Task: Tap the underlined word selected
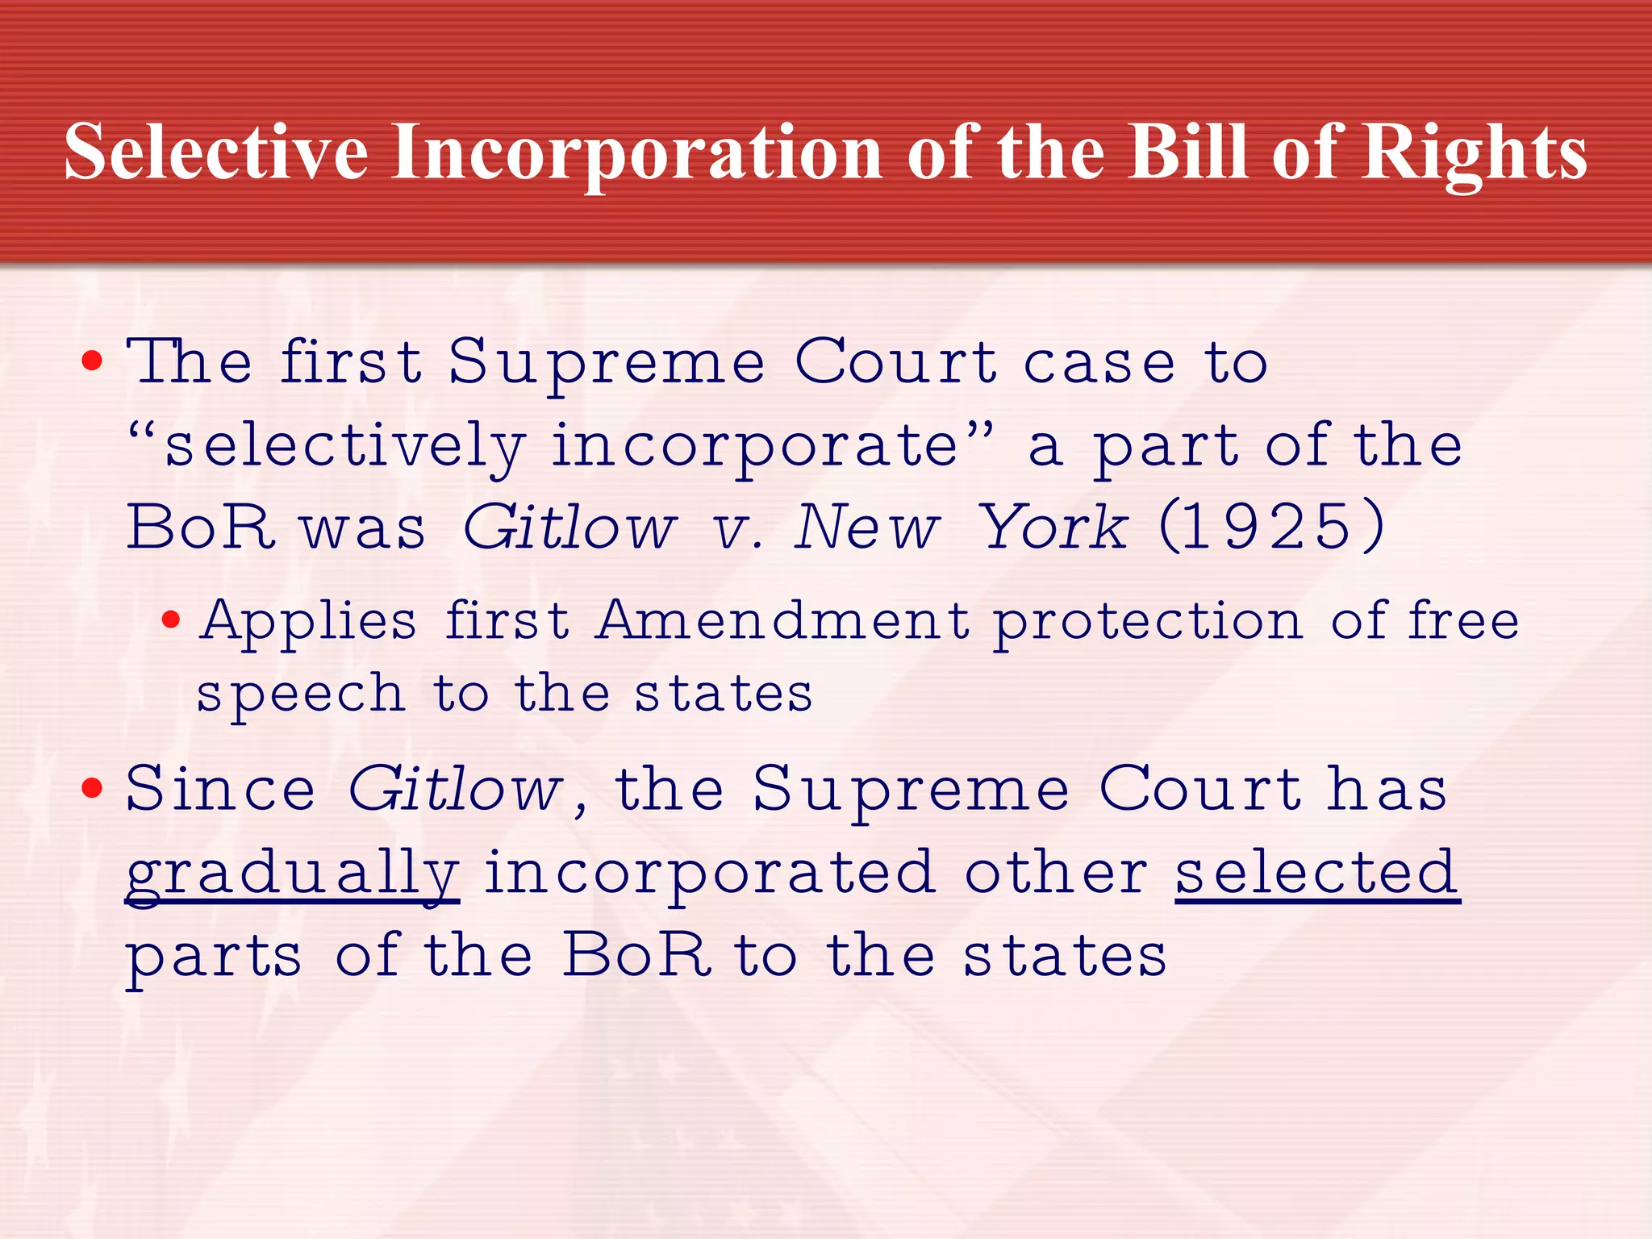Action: click(x=1316, y=873)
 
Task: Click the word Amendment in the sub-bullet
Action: click(x=782, y=622)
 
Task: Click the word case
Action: click(x=1099, y=364)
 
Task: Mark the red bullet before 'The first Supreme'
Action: click(x=93, y=361)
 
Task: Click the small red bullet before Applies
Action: click(x=170, y=620)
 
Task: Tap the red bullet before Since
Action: click(x=93, y=788)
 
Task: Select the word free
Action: click(x=1463, y=622)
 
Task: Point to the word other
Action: click(x=1056, y=873)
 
